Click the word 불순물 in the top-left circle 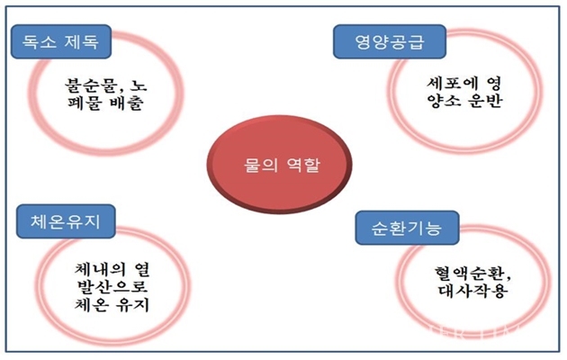tap(93, 85)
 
